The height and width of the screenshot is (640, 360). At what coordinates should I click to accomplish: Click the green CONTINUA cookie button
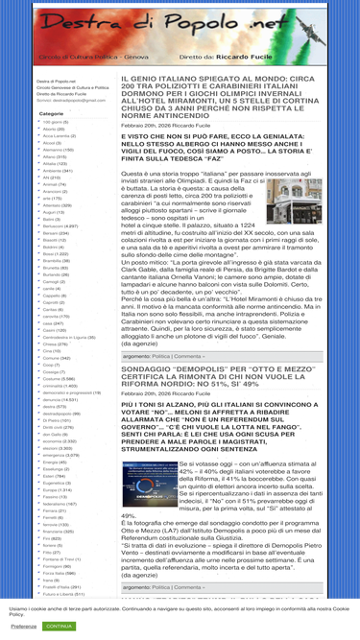(59, 626)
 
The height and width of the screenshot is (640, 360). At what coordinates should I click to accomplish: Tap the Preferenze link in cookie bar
(24, 626)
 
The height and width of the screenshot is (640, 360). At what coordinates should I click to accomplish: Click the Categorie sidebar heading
(52, 114)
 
